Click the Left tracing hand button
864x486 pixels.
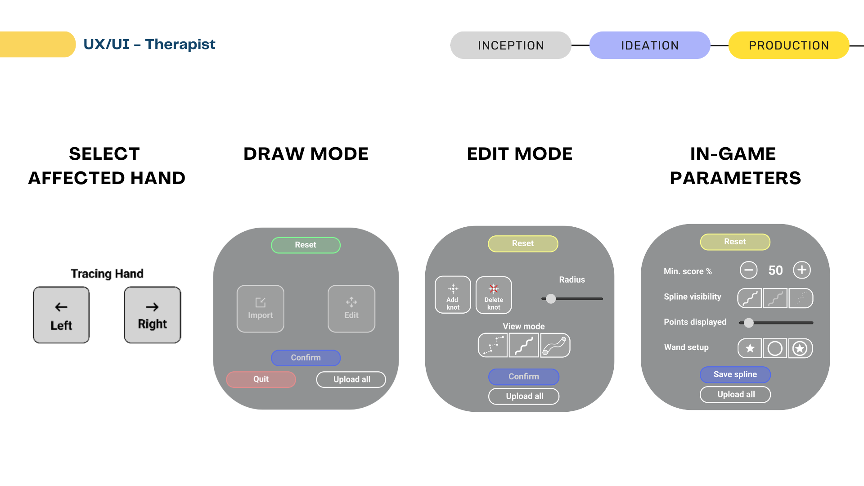61,315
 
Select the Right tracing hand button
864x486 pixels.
153,315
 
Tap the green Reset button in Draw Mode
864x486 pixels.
306,245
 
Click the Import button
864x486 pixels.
261,309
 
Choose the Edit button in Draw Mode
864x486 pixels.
351,309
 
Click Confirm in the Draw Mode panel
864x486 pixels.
306,358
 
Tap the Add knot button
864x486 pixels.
453,295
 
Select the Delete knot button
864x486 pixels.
494,295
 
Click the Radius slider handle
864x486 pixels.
551,299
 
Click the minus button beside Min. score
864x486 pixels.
748,270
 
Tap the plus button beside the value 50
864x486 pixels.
802,270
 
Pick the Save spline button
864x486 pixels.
735,374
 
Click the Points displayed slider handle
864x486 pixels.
748,323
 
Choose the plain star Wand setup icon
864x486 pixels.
750,348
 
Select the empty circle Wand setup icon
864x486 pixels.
775,348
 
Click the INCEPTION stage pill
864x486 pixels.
511,45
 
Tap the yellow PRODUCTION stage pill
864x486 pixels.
788,45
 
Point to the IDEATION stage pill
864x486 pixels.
650,45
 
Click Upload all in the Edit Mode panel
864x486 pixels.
524,396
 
